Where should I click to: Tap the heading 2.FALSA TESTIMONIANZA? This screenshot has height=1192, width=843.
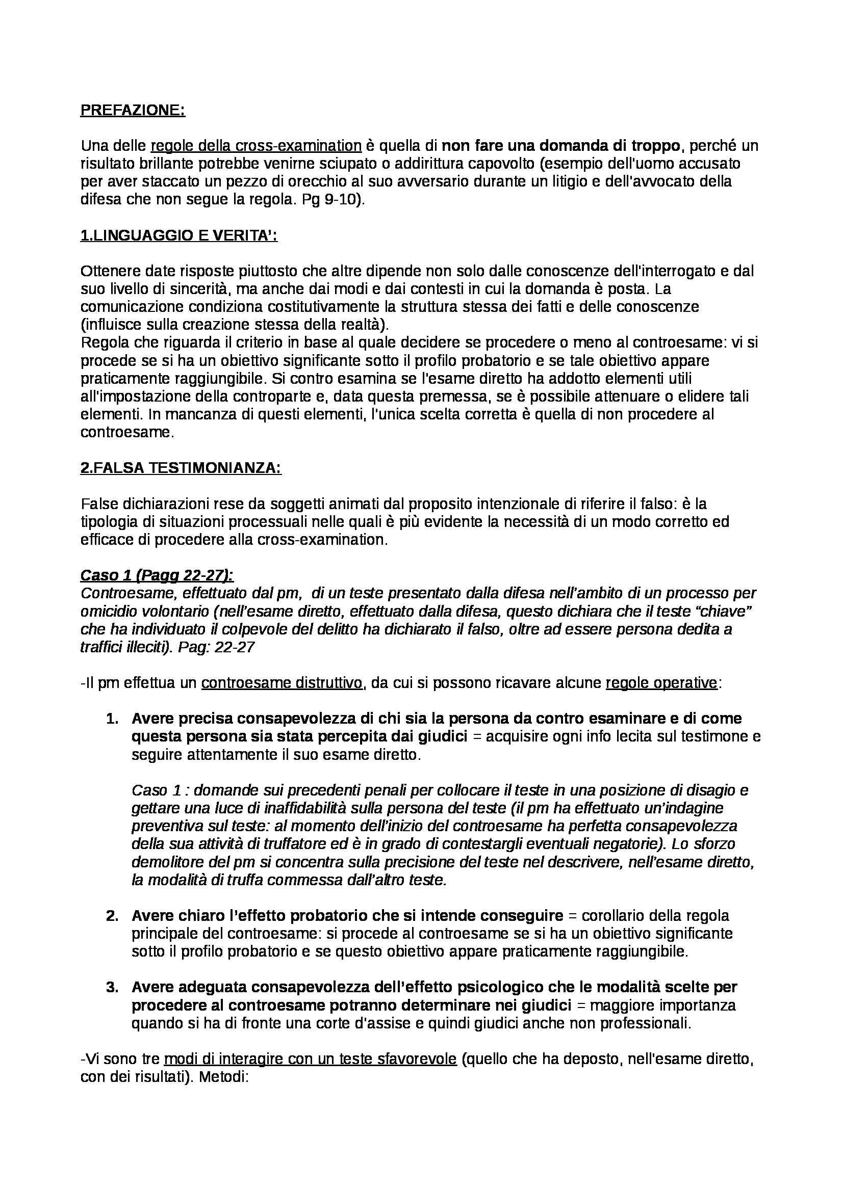tap(180, 468)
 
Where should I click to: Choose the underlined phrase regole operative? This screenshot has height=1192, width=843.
tap(661, 683)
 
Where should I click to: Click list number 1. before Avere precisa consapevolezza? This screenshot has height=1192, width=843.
tap(112, 719)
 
